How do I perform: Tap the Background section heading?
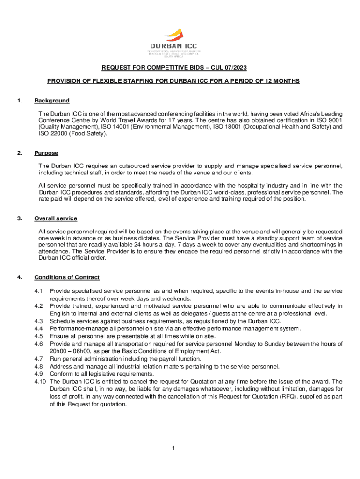point(52,101)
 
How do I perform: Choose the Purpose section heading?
point(46,153)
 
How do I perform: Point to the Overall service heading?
point(56,218)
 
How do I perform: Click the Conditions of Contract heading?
point(66,277)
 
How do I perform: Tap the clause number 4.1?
point(39,291)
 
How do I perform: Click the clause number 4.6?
point(39,344)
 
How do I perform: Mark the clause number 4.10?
point(40,381)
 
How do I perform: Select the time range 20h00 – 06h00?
point(71,351)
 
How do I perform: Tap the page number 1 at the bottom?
point(173,449)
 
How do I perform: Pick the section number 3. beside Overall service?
point(19,218)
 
